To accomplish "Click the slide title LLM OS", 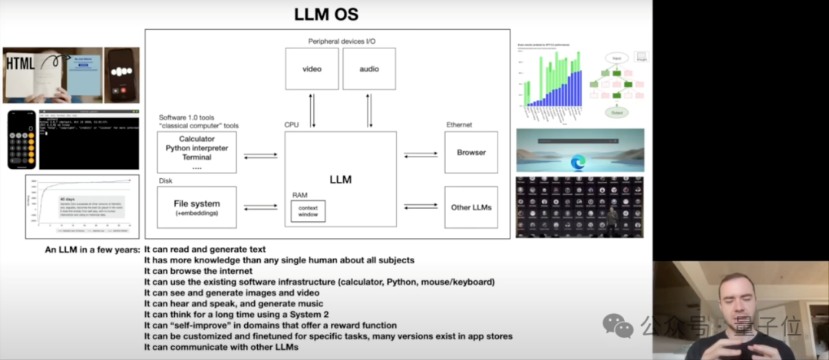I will pyautogui.click(x=326, y=14).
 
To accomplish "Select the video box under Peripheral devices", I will pyautogui.click(x=311, y=69).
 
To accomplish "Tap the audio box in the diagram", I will pyautogui.click(x=368, y=69).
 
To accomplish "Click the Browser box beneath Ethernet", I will pyautogui.click(x=471, y=152).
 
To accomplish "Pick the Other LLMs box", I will pyautogui.click(x=471, y=206).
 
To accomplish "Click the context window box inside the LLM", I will pyautogui.click(x=308, y=211).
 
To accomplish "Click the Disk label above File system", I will pyautogui.click(x=166, y=182).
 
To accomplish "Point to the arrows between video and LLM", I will pyautogui.click(x=312, y=111).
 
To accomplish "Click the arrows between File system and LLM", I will pyautogui.click(x=261, y=207).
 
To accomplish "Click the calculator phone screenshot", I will pyautogui.click(x=21, y=140).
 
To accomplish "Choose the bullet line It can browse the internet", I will pyautogui.click(x=199, y=271).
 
